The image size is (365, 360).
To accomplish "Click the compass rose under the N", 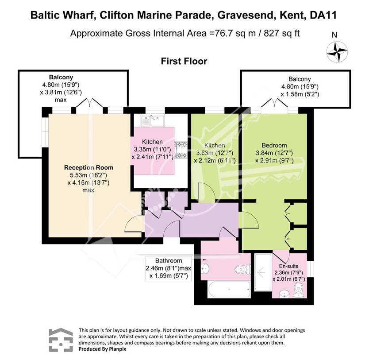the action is (337, 51).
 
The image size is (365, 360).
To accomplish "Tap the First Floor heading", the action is (184, 61).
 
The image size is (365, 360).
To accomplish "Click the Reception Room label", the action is (88, 167).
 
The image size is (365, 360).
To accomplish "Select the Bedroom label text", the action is (274, 145).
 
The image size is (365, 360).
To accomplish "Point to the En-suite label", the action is (288, 266).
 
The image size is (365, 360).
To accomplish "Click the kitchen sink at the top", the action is (153, 121).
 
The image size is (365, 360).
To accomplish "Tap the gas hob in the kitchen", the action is (181, 150).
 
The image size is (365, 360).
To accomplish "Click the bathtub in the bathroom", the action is (229, 289).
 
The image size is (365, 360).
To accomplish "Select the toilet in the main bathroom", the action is (242, 270).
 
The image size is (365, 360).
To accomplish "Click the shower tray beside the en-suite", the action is (263, 272).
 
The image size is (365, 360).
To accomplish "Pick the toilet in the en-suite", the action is (299, 290).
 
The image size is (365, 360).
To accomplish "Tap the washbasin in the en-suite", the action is (284, 294).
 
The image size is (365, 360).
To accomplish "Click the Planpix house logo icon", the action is (61, 340).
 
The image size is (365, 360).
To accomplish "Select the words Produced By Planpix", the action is (103, 349).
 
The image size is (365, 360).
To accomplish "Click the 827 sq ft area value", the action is (281, 33).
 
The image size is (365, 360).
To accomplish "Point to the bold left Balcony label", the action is (61, 77).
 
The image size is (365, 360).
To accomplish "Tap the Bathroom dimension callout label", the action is (168, 268).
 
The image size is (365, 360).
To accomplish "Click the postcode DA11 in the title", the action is (323, 15).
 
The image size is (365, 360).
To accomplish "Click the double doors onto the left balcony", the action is (90, 104).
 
